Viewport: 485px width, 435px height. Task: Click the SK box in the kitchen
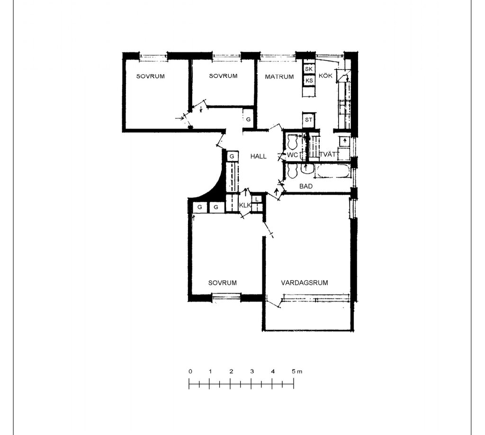(x=309, y=69)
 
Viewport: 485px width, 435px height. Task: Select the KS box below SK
(x=309, y=80)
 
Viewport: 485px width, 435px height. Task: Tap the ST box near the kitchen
(x=309, y=120)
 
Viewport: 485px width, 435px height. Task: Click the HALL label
(x=258, y=157)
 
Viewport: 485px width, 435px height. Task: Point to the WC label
(x=292, y=155)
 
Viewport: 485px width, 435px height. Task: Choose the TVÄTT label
(x=327, y=154)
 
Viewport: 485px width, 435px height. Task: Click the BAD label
(x=306, y=186)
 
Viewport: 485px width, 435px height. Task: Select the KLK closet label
(x=245, y=205)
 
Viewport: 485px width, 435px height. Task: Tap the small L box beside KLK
(x=257, y=200)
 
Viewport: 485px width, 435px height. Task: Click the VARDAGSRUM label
(x=305, y=282)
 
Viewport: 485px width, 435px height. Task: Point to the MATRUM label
(x=279, y=77)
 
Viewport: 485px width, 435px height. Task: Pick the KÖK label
(x=325, y=75)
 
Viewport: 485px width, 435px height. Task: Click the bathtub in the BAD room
(x=333, y=171)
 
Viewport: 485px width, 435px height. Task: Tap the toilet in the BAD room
(x=292, y=171)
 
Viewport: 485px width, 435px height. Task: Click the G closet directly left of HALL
(x=232, y=157)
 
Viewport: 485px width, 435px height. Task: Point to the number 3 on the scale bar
(x=252, y=371)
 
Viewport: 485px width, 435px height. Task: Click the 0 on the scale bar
(x=190, y=371)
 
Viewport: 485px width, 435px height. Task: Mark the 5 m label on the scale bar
(x=297, y=371)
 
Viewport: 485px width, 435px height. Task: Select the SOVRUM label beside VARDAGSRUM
(x=223, y=282)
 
